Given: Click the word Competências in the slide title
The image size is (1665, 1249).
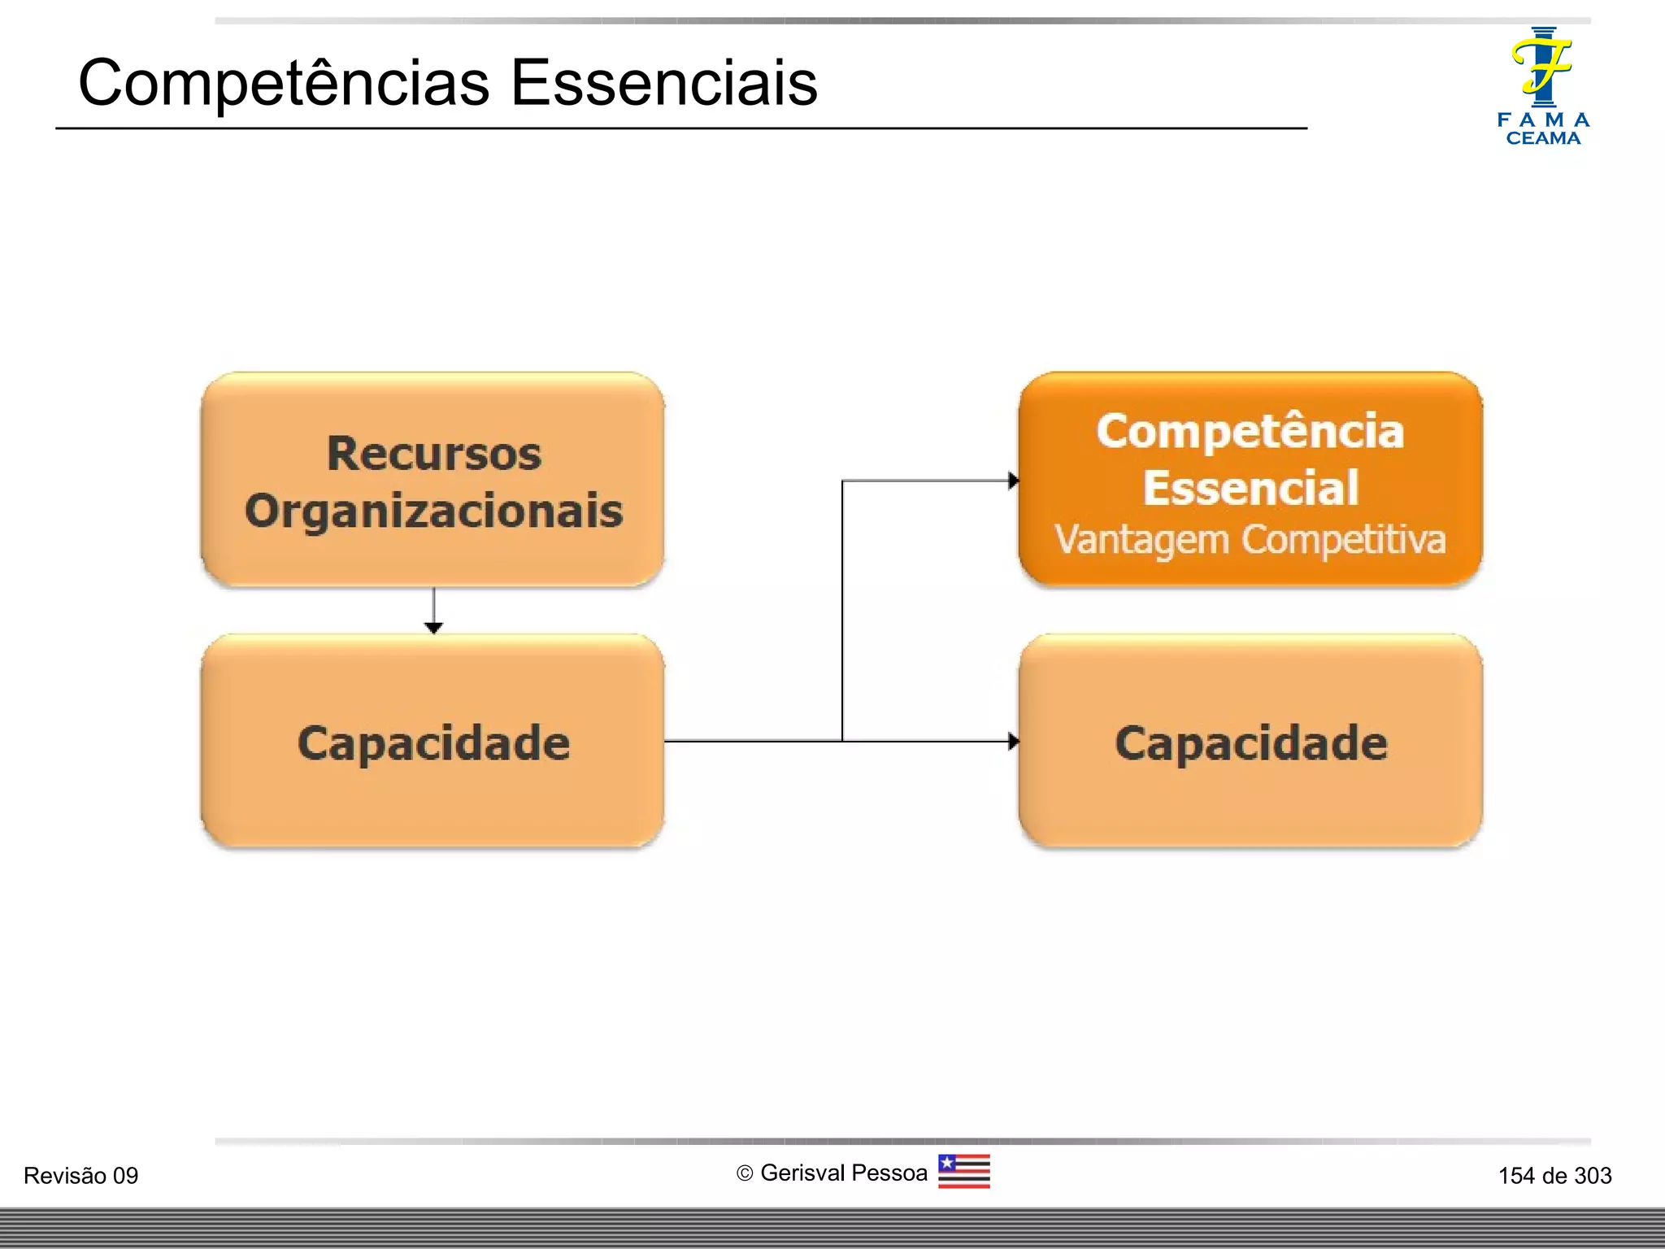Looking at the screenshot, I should coord(284,83).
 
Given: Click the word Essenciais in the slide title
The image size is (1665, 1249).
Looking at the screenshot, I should coord(663,83).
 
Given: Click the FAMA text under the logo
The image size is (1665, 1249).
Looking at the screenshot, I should coord(1543,120).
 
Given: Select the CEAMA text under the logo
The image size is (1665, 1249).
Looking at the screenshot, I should coord(1543,139).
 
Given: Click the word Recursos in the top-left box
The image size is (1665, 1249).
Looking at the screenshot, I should coord(434,453).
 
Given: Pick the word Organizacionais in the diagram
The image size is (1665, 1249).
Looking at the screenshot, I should coord(434,511).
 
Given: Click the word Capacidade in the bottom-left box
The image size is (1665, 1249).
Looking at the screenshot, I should coord(434,743).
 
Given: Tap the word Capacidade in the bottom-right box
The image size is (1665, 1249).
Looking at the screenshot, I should coord(1251,743).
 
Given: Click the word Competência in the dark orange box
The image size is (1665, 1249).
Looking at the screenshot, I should coord(1250,431).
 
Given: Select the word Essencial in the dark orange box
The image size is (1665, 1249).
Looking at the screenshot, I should coord(1250,488).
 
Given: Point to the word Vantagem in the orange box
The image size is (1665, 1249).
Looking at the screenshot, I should coord(1141,540).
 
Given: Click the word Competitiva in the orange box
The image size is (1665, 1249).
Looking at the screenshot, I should coord(1344,540).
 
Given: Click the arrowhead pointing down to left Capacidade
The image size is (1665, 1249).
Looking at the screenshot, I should coord(433,628).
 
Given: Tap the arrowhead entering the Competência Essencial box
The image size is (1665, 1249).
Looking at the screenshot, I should coord(1013,481).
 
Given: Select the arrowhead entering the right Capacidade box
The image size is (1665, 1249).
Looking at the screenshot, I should coord(1013,741).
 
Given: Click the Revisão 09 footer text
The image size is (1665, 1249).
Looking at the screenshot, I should coord(80,1176).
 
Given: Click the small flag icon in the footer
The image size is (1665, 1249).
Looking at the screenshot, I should coord(963,1172).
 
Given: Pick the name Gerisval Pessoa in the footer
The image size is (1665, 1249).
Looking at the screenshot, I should coord(843,1173).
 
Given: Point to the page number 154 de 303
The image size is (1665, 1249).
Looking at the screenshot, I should coord(1554,1176).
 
